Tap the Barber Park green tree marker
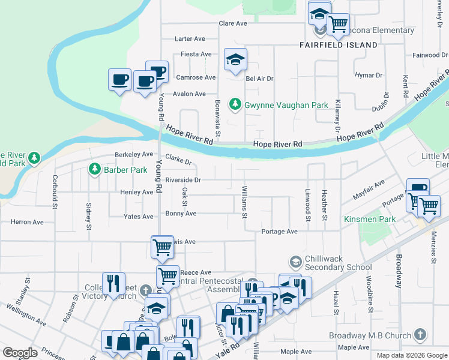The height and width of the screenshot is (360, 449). [94, 170]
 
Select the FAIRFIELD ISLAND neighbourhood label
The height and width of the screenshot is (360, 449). [339, 45]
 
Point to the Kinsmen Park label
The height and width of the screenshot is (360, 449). [370, 220]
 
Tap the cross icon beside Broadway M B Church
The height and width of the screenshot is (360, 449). [420, 335]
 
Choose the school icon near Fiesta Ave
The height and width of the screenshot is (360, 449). [236, 59]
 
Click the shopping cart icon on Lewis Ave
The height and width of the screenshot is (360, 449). [162, 247]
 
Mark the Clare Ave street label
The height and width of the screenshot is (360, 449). [234, 23]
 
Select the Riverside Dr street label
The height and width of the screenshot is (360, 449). [181, 179]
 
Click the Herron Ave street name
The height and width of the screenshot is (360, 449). [28, 222]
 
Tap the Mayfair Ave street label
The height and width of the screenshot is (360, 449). [368, 191]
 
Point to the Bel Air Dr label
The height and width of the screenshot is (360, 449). [259, 79]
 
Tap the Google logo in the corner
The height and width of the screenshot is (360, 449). [20, 353]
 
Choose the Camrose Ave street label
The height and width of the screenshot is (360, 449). [196, 77]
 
